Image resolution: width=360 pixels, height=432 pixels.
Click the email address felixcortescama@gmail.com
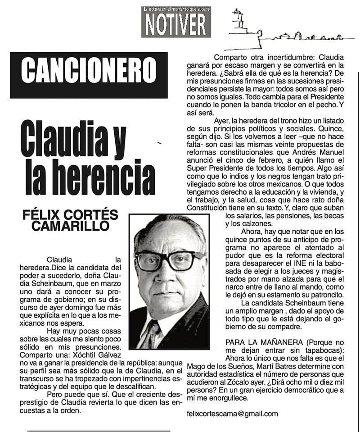point(232,413)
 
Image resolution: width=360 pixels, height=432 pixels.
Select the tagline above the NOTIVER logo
point(176,9)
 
